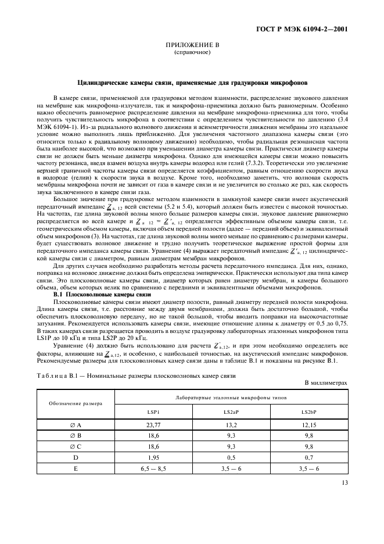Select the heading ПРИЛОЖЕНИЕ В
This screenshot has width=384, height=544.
click(x=191, y=44)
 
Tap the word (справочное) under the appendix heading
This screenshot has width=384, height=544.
click(x=191, y=52)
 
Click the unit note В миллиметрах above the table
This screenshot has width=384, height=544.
click(x=326, y=383)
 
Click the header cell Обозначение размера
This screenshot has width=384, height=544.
click(x=75, y=403)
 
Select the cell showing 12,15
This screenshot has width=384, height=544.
click(x=308, y=425)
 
